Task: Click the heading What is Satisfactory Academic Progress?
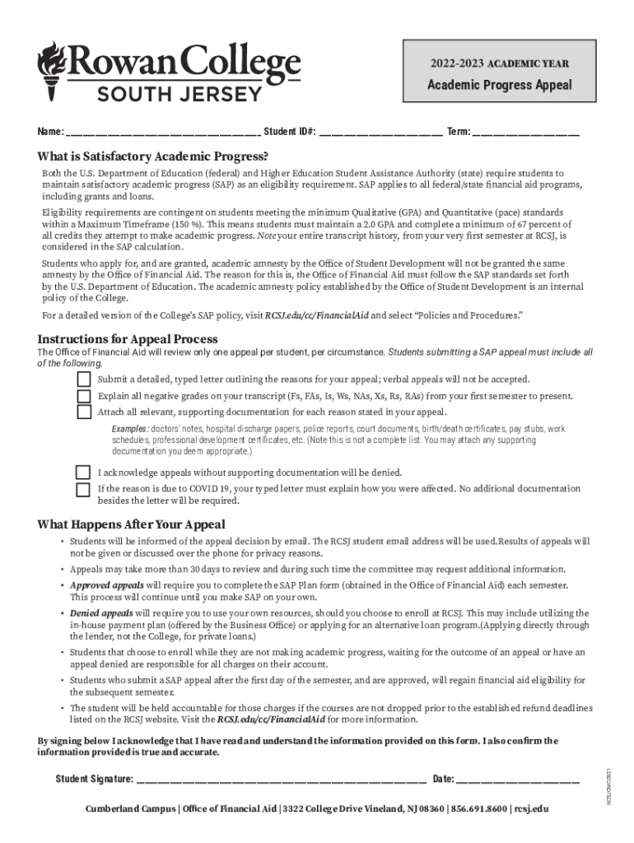click(x=153, y=156)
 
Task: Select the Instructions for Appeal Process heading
click(x=128, y=339)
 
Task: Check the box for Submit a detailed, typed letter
click(x=84, y=380)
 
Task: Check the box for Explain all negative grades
click(x=84, y=396)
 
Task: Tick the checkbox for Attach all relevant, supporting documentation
click(x=84, y=412)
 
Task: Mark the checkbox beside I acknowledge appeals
click(x=83, y=473)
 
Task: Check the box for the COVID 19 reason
click(x=83, y=490)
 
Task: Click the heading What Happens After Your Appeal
click(x=132, y=524)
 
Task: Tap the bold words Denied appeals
click(x=101, y=613)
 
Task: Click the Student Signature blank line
click(x=281, y=780)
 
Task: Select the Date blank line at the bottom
click(x=518, y=780)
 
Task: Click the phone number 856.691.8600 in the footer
click(x=478, y=809)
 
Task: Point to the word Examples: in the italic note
click(x=130, y=430)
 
